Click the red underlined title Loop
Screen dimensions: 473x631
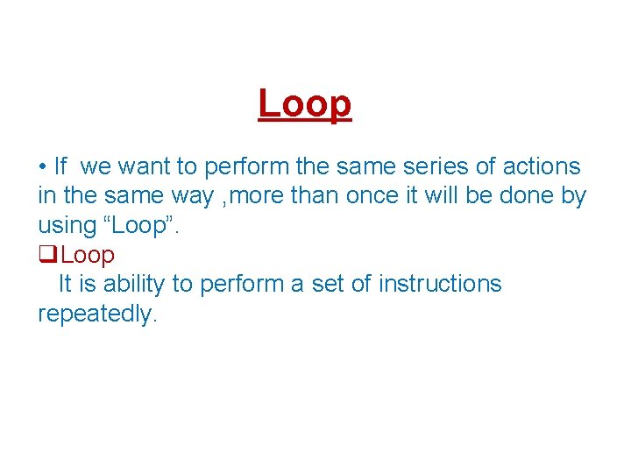tap(305, 104)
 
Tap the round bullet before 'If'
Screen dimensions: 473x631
tap(42, 166)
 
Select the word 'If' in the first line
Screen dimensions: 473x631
tap(60, 166)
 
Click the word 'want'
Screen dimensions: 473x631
tap(145, 166)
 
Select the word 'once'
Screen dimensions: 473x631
tap(372, 195)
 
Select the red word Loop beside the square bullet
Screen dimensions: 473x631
tap(88, 255)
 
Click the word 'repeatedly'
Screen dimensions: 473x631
tap(95, 314)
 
